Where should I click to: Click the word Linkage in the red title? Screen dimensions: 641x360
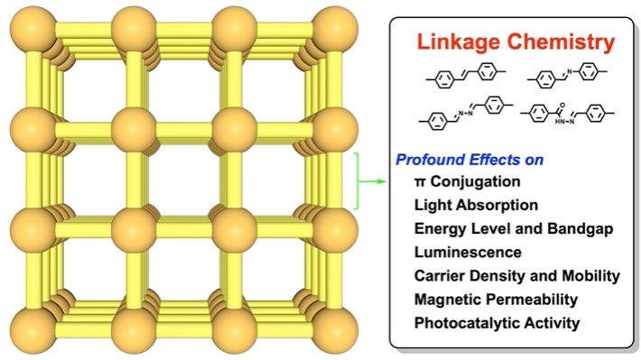[458, 42]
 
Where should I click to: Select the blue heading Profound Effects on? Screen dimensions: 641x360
[469, 160]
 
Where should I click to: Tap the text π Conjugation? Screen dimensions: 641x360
[468, 181]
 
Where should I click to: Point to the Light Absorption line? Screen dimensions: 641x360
[476, 205]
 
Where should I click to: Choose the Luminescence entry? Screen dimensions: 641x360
[468, 252]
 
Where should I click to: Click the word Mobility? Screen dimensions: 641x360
[590, 276]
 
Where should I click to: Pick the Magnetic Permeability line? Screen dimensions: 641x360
[496, 300]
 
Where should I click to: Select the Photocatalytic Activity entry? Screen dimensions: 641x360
[497, 323]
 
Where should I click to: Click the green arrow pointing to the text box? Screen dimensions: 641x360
[372, 181]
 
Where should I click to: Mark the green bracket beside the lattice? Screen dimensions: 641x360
[357, 181]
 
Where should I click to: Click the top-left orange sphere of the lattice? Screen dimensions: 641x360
[33, 30]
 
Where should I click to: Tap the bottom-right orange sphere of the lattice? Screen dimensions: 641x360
[336, 330]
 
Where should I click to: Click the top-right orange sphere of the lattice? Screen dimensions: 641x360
[336, 30]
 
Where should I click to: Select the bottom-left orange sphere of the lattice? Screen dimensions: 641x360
[33, 330]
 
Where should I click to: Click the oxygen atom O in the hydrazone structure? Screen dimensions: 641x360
[562, 106]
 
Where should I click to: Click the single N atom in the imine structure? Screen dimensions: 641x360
[570, 72]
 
